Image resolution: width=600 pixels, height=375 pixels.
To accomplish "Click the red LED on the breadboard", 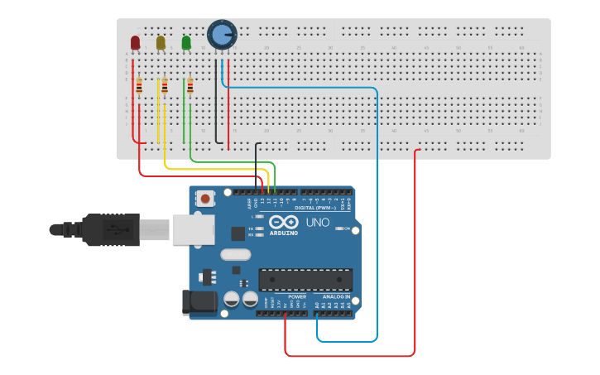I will coord(135,42).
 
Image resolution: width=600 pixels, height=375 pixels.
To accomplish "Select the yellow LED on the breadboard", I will coord(161,42).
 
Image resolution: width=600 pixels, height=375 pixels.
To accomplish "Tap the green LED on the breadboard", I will coord(186,42).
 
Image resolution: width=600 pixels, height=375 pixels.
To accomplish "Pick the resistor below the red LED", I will coord(139,86).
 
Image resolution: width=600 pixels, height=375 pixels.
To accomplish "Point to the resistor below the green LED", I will coord(190,86).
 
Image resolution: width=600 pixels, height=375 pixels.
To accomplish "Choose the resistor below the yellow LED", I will coord(165,86).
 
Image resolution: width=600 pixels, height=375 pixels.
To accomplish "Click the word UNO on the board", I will coord(318,223).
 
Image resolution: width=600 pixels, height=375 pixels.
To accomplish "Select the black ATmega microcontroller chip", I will coord(305,280).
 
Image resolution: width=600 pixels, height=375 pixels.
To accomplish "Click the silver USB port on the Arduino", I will coord(193,229).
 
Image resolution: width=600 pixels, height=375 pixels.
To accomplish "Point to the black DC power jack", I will coord(199,302).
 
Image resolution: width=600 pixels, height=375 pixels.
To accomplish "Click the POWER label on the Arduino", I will coord(297,296).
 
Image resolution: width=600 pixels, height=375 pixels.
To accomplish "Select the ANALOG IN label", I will coord(336,296).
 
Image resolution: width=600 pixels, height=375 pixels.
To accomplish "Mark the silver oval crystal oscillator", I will coord(235,255).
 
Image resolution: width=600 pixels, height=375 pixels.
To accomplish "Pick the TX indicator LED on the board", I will coord(259,228).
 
